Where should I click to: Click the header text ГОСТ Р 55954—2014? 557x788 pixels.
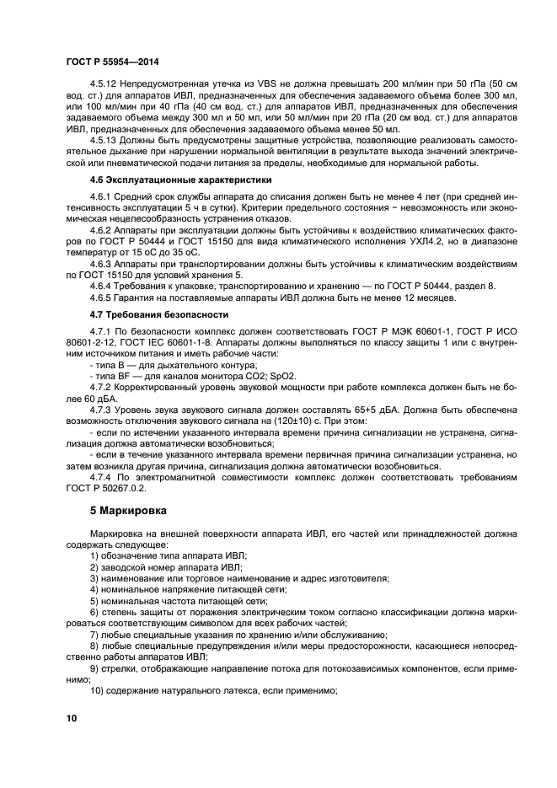pyautogui.click(x=113, y=62)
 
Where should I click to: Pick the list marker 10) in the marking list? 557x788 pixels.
pyautogui.click(x=96, y=691)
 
